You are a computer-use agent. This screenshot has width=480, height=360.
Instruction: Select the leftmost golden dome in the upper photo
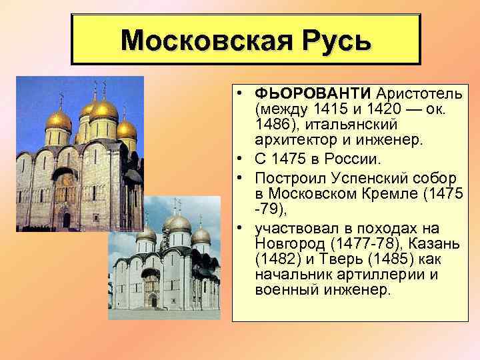tap(58, 120)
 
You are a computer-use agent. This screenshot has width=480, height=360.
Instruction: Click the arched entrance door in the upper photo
tap(65, 219)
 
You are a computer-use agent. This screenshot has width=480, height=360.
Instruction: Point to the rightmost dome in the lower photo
tap(200, 235)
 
